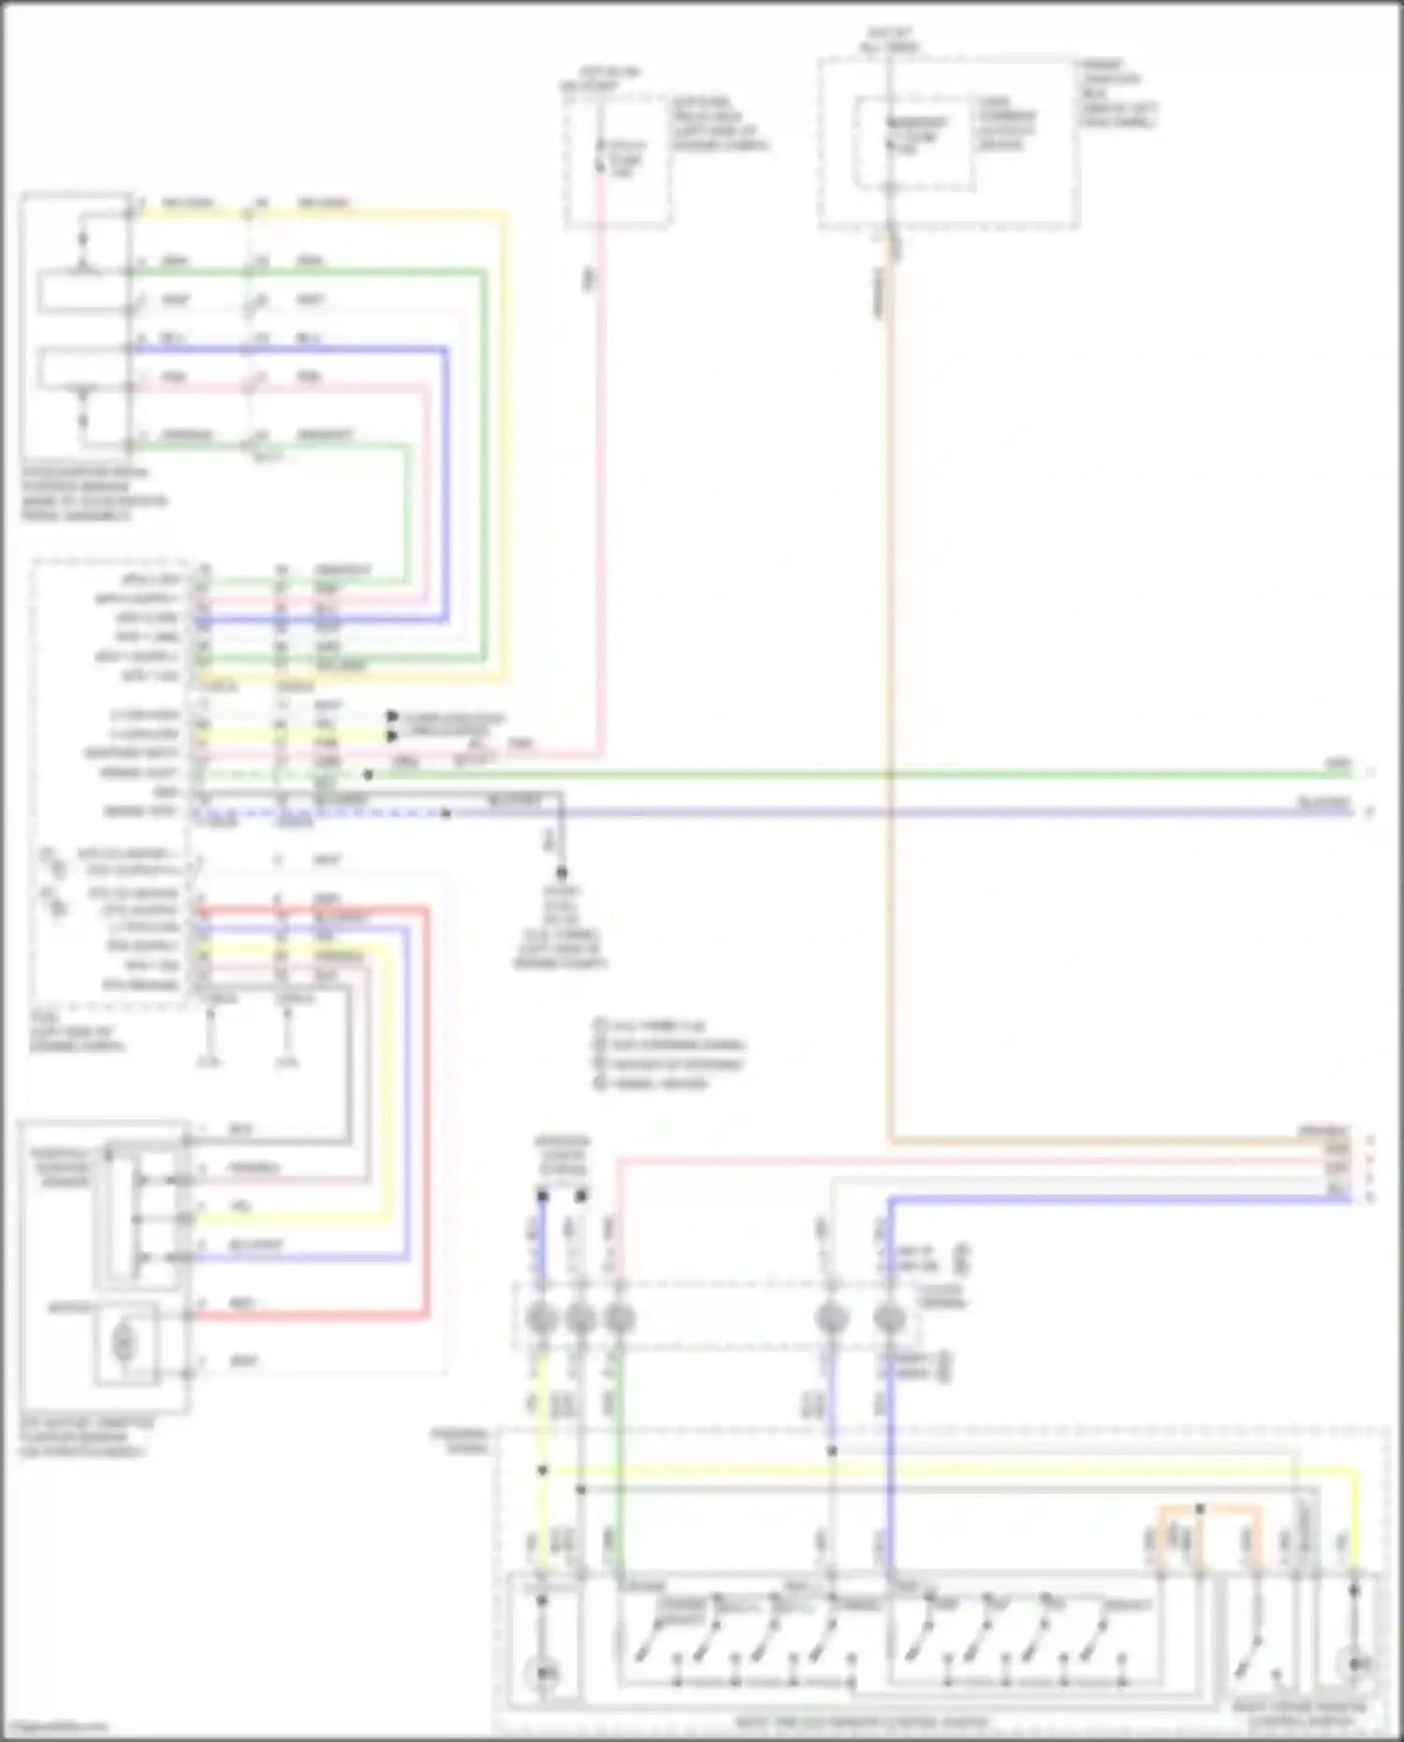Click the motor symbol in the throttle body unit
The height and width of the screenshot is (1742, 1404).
tap(123, 1344)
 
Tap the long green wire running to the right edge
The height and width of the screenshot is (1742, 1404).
tap(842, 774)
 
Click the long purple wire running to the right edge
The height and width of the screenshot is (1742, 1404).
tap(842, 812)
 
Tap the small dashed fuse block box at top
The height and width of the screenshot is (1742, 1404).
tap(617, 160)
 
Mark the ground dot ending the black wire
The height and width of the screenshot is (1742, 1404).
tap(562, 872)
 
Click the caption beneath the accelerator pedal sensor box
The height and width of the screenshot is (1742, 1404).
tap(94, 494)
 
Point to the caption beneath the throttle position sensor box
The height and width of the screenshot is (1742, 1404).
tap(84, 1438)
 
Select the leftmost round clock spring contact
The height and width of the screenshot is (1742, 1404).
tap(542, 1319)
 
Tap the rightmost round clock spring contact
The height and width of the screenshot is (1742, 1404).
tap(889, 1319)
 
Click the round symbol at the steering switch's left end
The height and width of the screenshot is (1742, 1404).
tap(542, 1667)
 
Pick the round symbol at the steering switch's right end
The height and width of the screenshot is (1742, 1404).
tap(1353, 1663)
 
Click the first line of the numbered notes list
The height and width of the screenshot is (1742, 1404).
tap(655, 1026)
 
